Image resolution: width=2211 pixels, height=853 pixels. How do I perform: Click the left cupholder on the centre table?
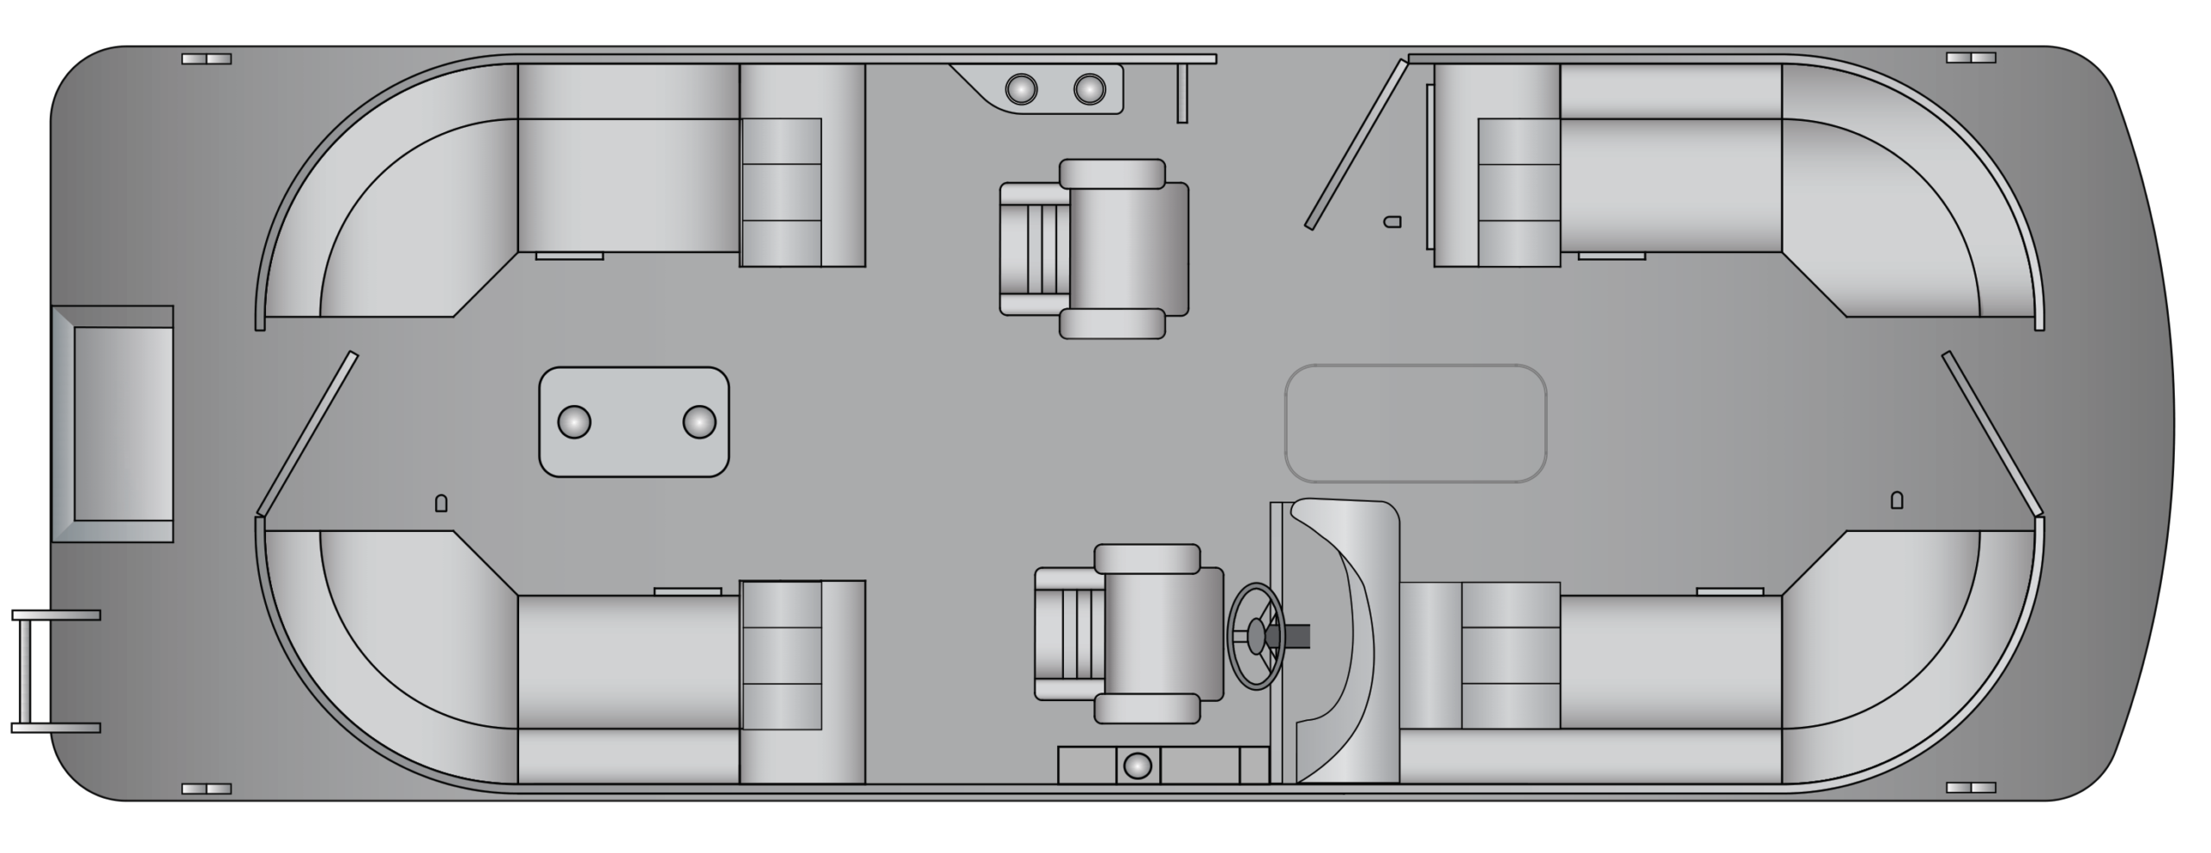[574, 422]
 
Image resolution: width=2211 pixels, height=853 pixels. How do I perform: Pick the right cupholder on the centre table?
[699, 422]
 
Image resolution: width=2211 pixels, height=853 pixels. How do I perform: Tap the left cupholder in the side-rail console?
[1021, 88]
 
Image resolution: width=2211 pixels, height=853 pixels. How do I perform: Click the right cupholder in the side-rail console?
[1089, 88]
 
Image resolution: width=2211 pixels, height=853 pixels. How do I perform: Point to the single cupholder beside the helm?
[1137, 766]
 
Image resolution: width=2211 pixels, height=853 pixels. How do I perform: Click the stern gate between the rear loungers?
[307, 433]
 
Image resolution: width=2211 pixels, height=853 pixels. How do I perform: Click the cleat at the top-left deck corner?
[206, 59]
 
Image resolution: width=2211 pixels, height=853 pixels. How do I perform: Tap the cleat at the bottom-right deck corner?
[1971, 788]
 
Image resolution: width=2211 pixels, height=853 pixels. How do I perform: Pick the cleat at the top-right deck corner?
[1971, 58]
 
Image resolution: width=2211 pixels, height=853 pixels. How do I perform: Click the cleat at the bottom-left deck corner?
[206, 788]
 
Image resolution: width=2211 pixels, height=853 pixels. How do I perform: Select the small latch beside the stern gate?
[440, 503]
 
